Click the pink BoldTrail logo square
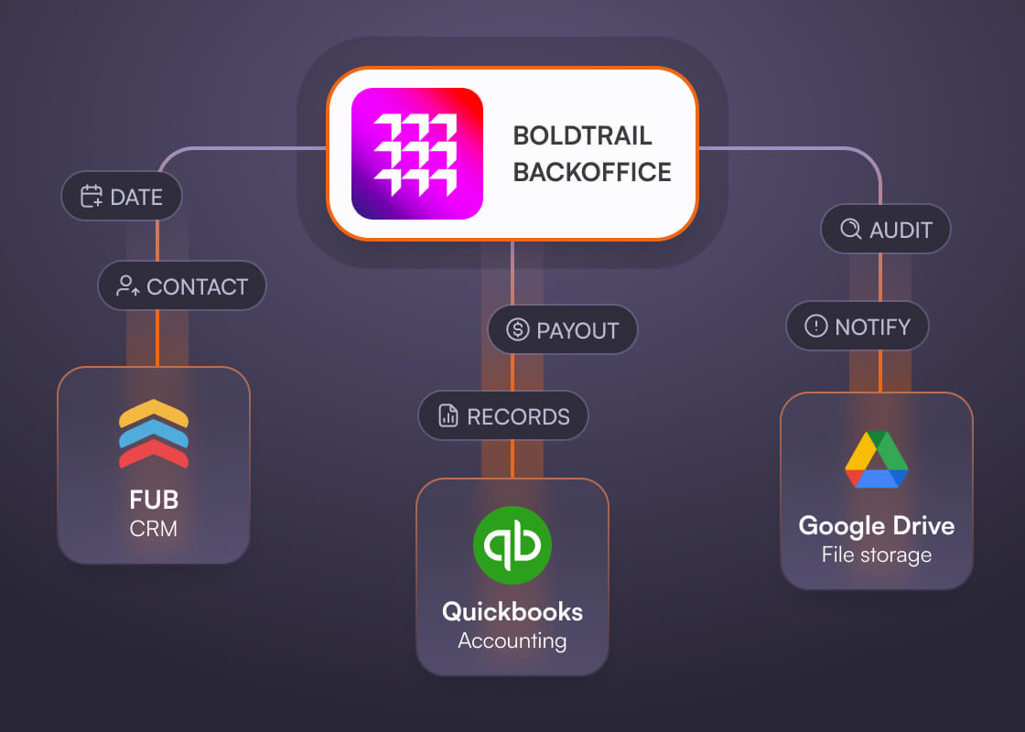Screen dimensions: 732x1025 coord(416,154)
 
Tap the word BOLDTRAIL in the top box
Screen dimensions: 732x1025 coord(582,135)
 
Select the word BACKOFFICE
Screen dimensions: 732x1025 coord(591,172)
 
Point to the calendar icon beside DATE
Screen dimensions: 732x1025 coord(92,197)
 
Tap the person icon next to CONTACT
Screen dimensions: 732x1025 coord(128,286)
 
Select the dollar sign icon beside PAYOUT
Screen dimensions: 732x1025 coord(518,329)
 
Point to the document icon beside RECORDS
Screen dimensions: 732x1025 coord(448,417)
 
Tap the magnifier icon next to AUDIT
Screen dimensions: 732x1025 coord(850,229)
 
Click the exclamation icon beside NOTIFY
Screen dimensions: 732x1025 coord(815,326)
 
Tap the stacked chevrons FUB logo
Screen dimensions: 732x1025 coord(154,434)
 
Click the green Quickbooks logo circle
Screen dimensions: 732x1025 coord(512,546)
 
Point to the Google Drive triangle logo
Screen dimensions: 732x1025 coord(876,459)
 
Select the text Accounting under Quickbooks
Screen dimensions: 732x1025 coord(512,640)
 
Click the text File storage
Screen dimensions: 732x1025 coord(876,554)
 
